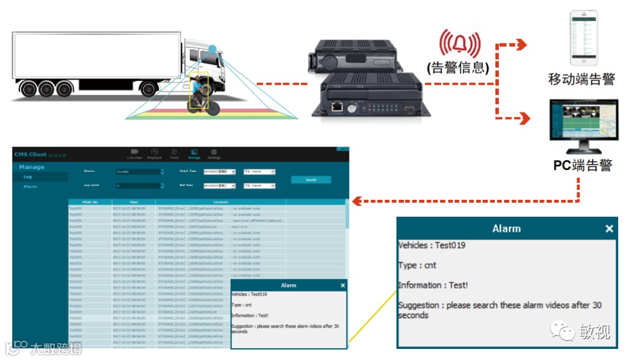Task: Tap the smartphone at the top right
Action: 584,36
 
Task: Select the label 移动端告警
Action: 582,79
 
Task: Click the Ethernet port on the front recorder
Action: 337,107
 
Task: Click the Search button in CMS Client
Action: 311,180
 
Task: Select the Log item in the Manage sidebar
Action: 28,176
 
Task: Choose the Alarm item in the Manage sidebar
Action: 30,186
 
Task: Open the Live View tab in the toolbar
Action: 134,154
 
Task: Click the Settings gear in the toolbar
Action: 214,154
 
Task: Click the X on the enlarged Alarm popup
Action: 609,229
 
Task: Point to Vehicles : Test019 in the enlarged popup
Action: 432,245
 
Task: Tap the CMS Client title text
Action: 30,155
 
